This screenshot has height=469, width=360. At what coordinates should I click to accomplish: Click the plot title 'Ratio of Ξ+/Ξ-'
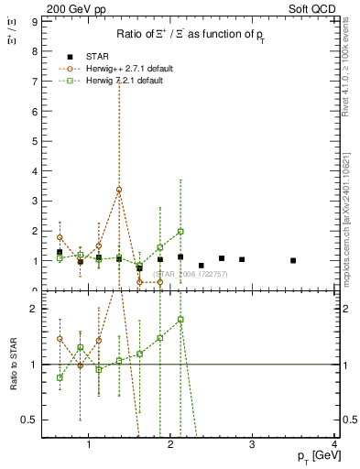(189, 35)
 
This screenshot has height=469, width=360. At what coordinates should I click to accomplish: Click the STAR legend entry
(95, 57)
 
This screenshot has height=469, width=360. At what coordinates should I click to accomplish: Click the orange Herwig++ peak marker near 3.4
(119, 190)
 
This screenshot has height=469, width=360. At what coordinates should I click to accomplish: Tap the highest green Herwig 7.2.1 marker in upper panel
(180, 232)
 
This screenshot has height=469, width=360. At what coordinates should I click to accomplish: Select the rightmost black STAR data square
(293, 260)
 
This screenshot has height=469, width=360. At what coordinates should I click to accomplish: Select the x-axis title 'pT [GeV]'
(313, 456)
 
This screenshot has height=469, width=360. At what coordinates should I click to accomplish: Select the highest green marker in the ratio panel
(180, 320)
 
